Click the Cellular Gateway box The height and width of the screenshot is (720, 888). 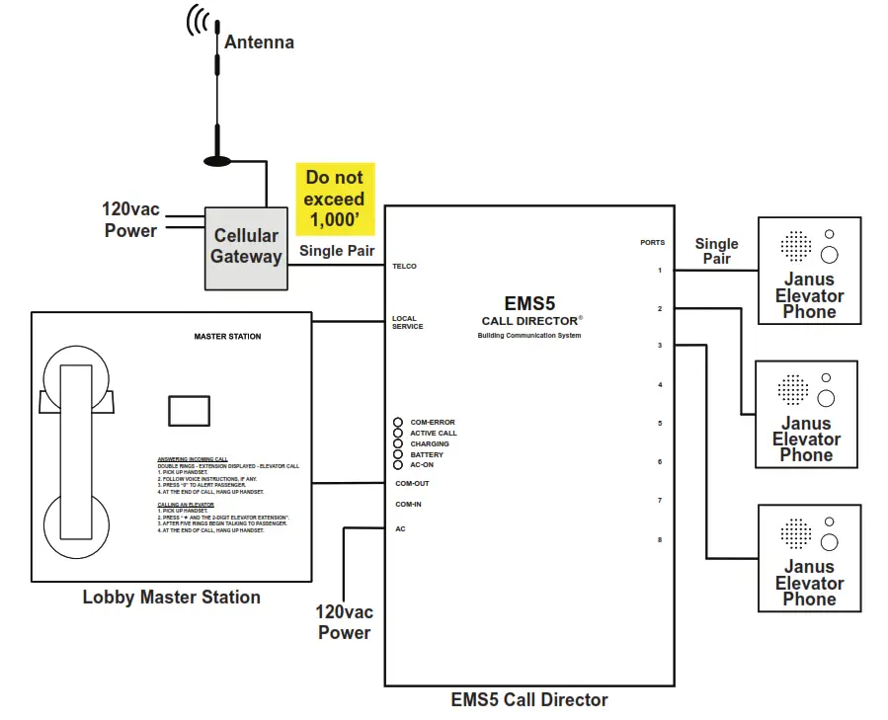click(x=246, y=247)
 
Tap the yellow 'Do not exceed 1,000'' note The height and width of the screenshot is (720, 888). click(x=335, y=199)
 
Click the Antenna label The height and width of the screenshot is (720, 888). click(x=259, y=41)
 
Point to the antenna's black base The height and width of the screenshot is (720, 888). click(x=217, y=159)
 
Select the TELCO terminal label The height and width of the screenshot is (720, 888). click(x=404, y=266)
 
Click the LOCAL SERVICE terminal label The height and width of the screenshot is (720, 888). click(x=407, y=322)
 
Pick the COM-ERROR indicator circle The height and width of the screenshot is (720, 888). click(x=398, y=423)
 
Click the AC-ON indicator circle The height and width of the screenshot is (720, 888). click(x=398, y=464)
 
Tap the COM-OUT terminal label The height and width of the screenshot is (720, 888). click(x=412, y=483)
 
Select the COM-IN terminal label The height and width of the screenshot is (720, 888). click(x=408, y=505)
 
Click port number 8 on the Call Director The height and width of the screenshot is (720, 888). click(x=660, y=539)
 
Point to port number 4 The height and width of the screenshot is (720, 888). click(x=660, y=385)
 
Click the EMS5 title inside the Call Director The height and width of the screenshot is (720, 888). click(x=530, y=304)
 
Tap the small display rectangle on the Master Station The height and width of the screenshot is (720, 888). click(x=189, y=410)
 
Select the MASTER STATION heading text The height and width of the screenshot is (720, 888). click(x=227, y=337)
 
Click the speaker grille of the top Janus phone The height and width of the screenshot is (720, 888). click(x=796, y=246)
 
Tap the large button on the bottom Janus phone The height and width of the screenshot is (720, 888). click(x=829, y=542)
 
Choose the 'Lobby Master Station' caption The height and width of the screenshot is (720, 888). click(x=171, y=597)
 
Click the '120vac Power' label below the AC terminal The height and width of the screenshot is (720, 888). click(x=344, y=622)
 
